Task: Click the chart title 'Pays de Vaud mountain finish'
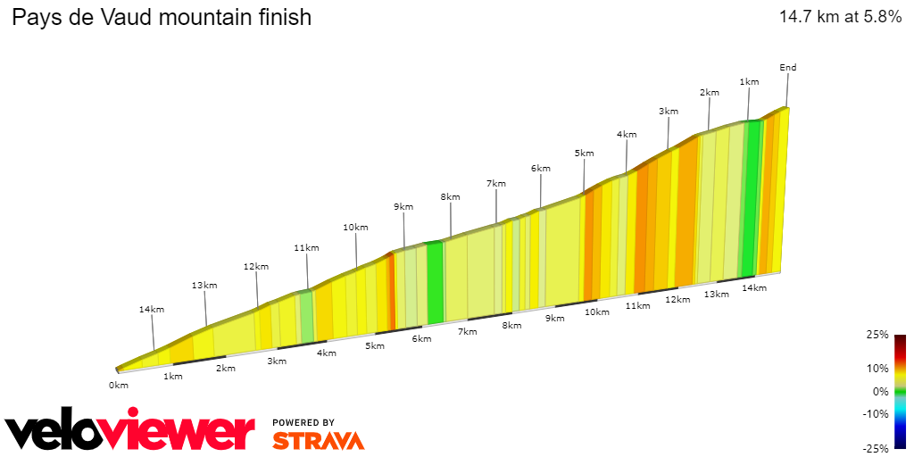point(162,17)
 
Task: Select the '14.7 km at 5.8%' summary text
point(840,17)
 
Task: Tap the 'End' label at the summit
point(787,68)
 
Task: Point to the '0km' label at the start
point(119,385)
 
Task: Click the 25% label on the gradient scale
point(877,335)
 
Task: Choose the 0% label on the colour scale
point(880,391)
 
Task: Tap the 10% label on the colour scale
point(877,368)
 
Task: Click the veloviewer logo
point(129,432)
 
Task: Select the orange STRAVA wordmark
point(318,441)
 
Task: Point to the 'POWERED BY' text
point(303,422)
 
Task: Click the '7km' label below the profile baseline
point(466,331)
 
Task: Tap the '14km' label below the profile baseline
point(754,287)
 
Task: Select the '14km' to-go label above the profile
point(151,310)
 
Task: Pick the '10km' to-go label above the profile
point(355,228)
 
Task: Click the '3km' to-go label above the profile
point(669,112)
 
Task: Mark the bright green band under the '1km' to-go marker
point(752,196)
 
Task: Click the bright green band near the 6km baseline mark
point(435,281)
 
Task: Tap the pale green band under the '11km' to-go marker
point(306,317)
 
